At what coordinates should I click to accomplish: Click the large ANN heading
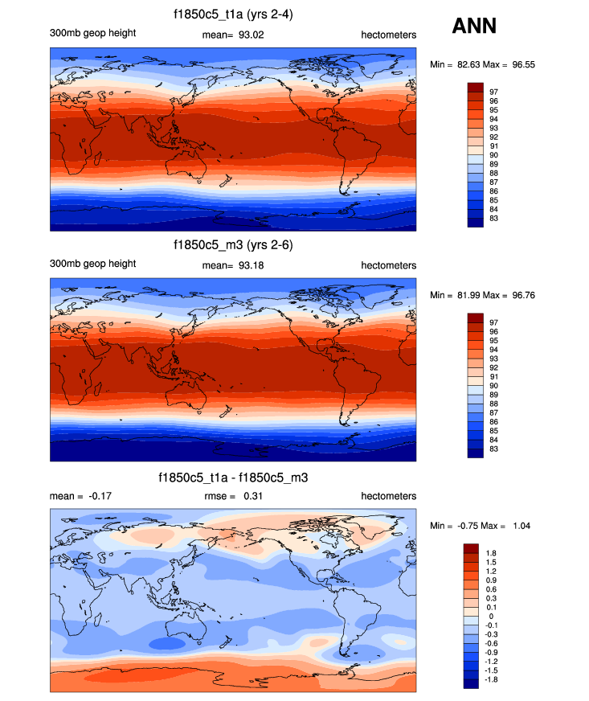474,27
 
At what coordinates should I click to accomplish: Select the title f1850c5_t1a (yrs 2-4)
233,14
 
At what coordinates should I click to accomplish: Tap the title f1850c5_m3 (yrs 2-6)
233,246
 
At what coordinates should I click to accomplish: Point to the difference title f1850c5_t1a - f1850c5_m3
233,478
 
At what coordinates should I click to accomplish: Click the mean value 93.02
252,33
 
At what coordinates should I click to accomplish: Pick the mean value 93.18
252,264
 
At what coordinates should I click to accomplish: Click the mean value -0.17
98,496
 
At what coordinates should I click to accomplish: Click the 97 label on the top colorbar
494,92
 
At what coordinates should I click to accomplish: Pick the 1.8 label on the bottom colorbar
493,553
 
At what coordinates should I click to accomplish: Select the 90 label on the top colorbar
494,155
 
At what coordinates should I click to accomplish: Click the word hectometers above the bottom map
389,496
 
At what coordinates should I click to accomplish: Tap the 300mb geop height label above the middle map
93,264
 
